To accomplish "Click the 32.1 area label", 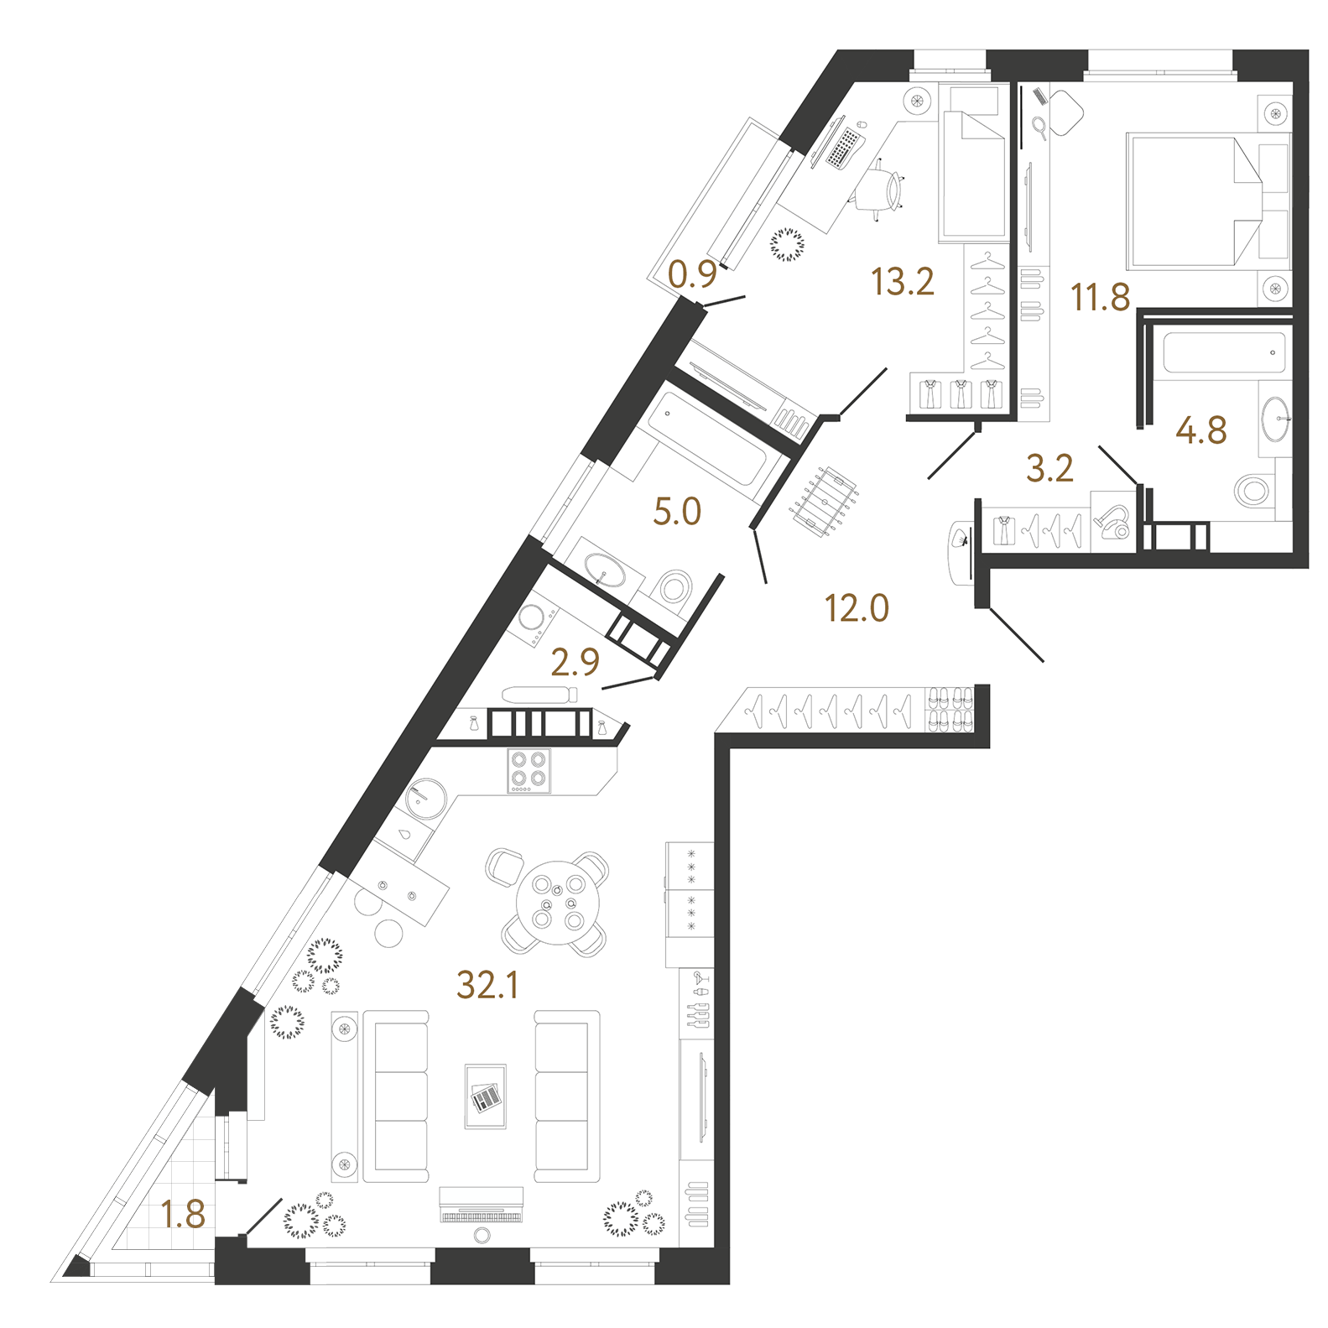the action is pos(487,984).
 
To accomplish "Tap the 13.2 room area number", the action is pos(903,281).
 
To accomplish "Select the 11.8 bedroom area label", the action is pos(1101,297).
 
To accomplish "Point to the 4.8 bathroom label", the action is pos(1201,430).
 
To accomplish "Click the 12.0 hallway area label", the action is pos(857,607).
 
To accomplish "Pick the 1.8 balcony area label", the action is pos(183,1214).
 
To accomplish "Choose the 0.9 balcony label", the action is pos(693,274).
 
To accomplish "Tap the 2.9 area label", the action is pos(575,662).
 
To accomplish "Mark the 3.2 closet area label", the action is pos(1049,468).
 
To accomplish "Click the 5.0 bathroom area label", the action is pos(677,511).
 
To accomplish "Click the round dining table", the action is pos(558,903).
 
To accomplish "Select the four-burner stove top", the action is pos(529,770).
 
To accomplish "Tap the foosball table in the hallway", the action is pos(825,501).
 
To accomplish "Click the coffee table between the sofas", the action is pos(486,1096).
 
